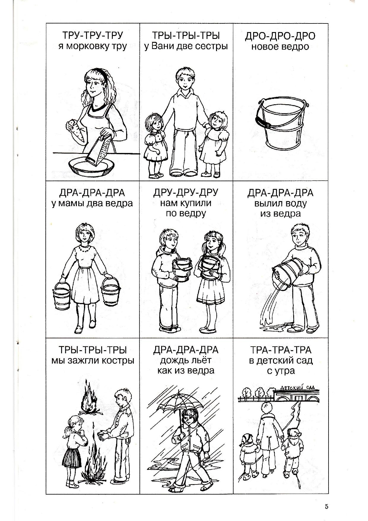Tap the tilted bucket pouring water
(x=286, y=274)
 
